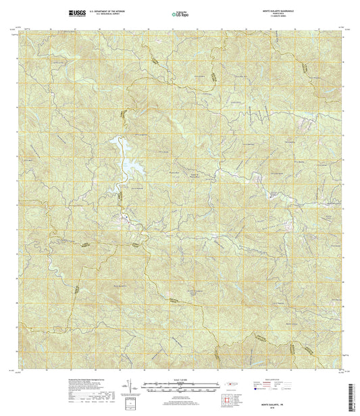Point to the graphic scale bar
coord(180,386)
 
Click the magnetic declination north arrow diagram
coord(126,388)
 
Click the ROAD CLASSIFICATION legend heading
coord(274,380)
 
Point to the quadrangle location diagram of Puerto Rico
coord(233,386)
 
